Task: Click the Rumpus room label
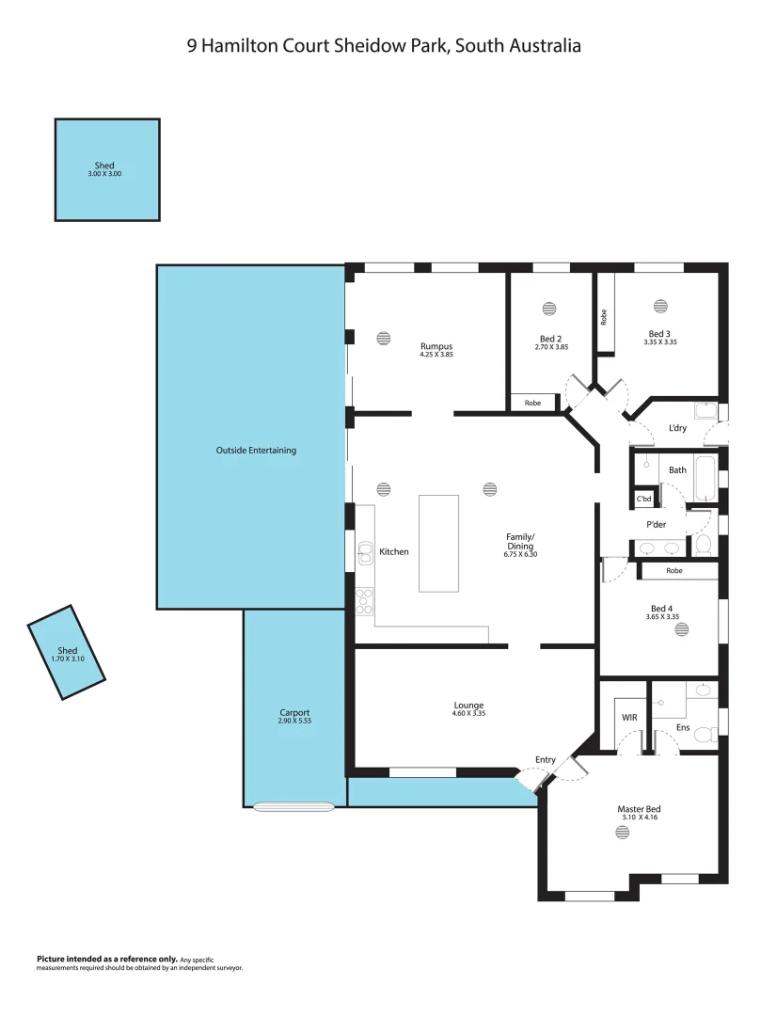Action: click(436, 346)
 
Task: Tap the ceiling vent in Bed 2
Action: click(550, 309)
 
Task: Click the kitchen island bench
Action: click(438, 543)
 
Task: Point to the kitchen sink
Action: click(365, 553)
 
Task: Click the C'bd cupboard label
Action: click(644, 499)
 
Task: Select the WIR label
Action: click(629, 717)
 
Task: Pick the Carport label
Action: click(294, 712)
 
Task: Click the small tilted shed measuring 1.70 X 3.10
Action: click(67, 652)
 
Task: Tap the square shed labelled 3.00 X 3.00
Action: click(106, 169)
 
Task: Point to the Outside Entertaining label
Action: click(256, 451)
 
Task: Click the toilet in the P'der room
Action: click(703, 546)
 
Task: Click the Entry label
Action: click(546, 760)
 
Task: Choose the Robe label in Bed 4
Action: click(674, 571)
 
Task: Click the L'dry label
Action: click(677, 429)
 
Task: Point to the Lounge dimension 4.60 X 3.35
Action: click(468, 714)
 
